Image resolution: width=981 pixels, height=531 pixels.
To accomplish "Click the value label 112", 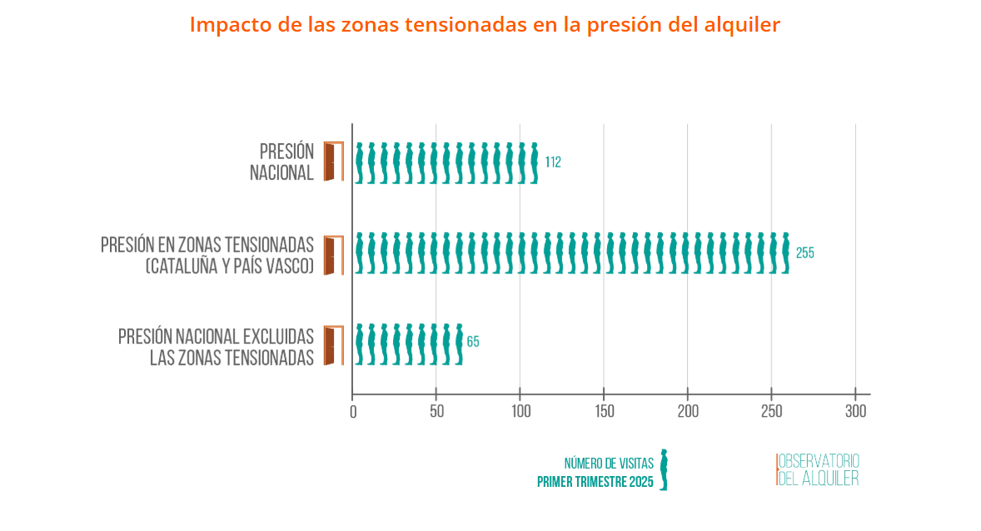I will pos(553,162).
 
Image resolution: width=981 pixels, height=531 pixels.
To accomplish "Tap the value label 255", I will pos(804,253).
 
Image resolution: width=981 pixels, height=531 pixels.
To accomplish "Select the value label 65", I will pos(473,342).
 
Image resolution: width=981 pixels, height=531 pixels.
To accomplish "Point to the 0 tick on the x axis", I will pos(353,411).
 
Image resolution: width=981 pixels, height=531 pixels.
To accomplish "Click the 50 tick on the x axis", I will pos(436,411).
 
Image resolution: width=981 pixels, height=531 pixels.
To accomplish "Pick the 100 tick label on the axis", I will pos(520,411).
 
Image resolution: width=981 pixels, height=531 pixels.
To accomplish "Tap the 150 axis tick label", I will pos(604,411).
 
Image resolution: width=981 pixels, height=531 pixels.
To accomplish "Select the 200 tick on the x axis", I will pos(688,411).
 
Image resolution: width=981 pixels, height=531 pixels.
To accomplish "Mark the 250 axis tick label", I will pos(771,411).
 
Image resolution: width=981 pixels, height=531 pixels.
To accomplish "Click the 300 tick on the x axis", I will pos(856,411).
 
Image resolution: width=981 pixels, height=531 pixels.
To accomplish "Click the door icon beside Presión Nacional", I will pos(334,161).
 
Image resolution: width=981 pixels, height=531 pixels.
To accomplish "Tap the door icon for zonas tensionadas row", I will pos(334,255).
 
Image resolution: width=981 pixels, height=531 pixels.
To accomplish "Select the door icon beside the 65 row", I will pos(334,345).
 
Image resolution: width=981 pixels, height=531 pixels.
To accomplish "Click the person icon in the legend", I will pos(664,470).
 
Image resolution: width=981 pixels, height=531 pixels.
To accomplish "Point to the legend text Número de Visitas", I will pos(609,464).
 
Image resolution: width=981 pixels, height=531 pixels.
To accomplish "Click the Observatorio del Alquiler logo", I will pos(817,470).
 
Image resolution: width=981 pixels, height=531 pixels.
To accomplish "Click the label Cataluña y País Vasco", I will pos(230,266).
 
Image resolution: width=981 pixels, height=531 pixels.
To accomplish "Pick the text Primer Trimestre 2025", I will pos(595,482).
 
